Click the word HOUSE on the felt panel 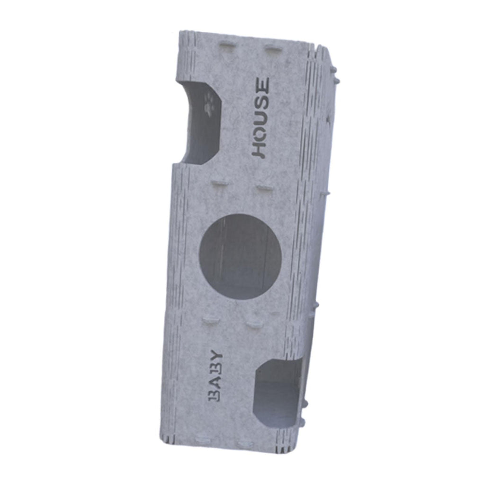(x=261, y=118)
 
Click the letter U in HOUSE (x=261, y=117)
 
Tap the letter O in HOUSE (x=260, y=134)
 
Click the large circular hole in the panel (x=240, y=256)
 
